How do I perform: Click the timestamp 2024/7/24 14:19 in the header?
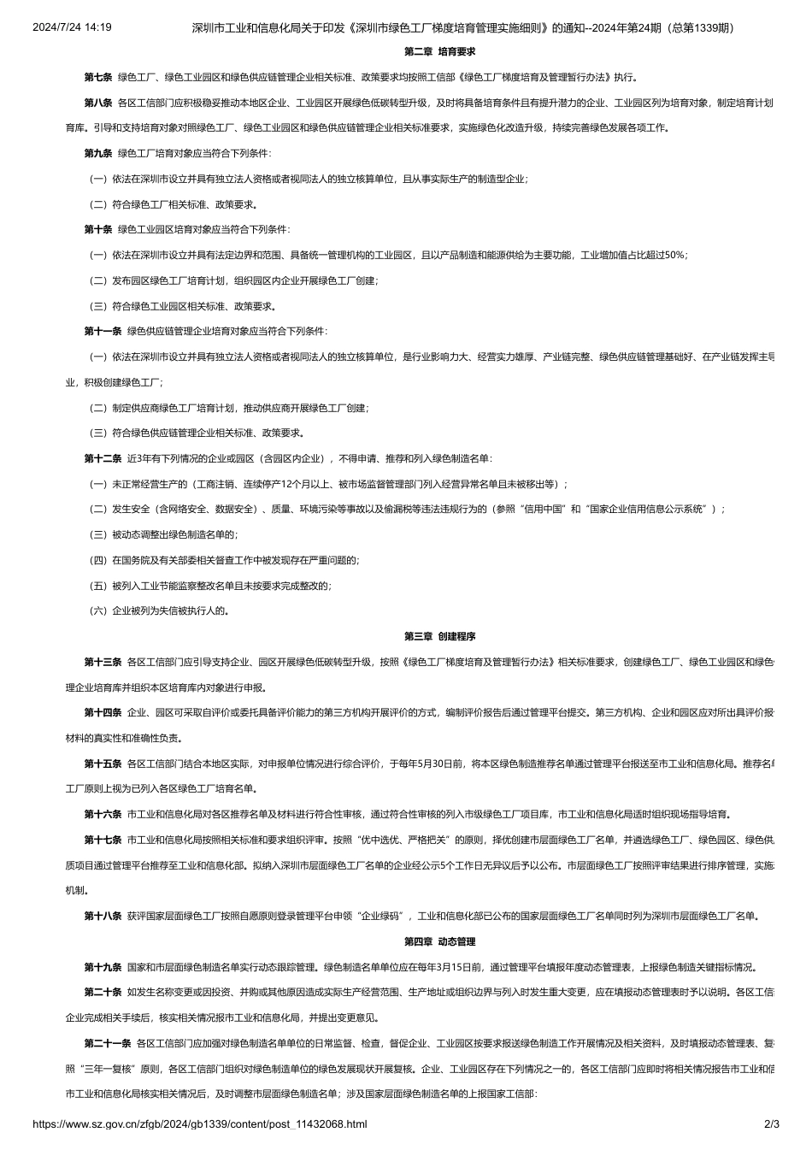point(72,27)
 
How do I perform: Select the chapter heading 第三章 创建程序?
point(439,636)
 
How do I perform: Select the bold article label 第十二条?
point(103,459)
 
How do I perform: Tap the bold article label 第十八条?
point(103,916)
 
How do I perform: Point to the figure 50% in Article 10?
point(675,256)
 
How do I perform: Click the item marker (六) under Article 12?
point(98,611)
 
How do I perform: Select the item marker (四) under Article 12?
point(98,560)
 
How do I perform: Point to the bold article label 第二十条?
point(103,992)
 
